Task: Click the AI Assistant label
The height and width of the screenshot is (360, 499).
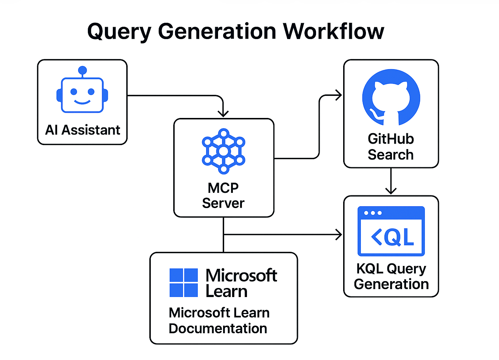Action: pos(82,130)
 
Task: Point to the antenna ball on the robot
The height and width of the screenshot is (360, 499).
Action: pos(82,70)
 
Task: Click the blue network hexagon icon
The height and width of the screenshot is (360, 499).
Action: pos(223,151)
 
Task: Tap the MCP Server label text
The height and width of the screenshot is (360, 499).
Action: pos(223,196)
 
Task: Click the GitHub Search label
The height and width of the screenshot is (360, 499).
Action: pos(391,147)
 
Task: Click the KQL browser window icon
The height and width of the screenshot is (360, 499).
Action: pos(391,231)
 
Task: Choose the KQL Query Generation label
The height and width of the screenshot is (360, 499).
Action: pos(391,276)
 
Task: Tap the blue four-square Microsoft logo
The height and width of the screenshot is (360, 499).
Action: pos(184,283)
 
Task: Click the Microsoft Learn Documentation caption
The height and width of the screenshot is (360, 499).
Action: pos(219,321)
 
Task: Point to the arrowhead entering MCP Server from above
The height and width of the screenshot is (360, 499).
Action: pos(223,113)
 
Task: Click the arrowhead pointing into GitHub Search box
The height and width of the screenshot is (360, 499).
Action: pos(339,96)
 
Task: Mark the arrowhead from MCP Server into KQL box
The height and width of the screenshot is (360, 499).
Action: pos(339,234)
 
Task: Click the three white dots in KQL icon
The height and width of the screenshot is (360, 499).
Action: pos(373,213)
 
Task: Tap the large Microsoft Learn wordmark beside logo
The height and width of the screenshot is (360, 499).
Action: pos(241,283)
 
